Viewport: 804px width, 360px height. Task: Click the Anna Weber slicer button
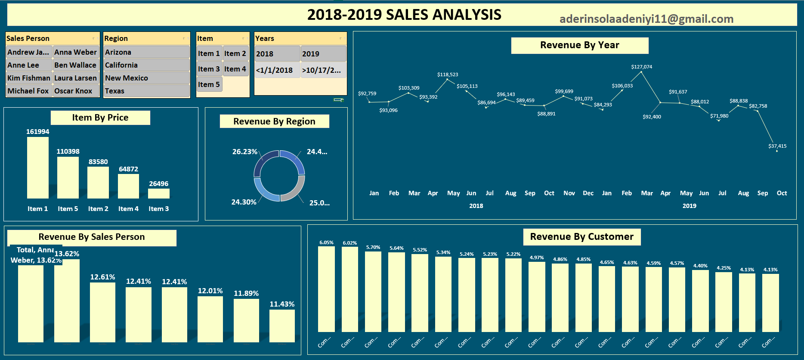point(76,52)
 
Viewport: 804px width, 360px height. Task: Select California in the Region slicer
point(146,65)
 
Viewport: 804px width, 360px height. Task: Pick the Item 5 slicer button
point(209,84)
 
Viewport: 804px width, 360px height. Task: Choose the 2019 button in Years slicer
point(323,54)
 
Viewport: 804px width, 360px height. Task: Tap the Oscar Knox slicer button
point(76,91)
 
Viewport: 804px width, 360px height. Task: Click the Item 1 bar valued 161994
point(38,168)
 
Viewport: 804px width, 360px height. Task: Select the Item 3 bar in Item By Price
point(159,194)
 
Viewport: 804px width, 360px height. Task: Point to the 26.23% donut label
point(244,152)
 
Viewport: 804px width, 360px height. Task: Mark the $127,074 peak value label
point(641,67)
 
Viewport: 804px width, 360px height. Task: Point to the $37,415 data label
point(777,146)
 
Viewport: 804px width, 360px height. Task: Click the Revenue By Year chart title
point(579,45)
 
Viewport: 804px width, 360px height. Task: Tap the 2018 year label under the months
point(476,206)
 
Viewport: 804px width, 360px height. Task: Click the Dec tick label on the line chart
point(588,193)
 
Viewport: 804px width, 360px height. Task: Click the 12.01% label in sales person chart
point(210,291)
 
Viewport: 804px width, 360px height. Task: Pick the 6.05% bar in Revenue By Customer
point(326,289)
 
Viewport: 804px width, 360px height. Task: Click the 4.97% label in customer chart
point(537,258)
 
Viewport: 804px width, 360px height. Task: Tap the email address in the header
point(646,19)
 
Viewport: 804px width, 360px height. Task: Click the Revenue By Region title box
point(274,121)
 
